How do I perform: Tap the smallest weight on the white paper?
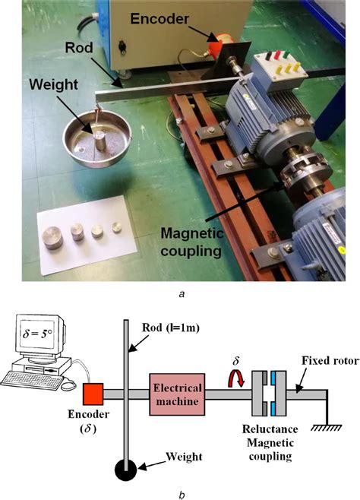coord(116,226)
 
